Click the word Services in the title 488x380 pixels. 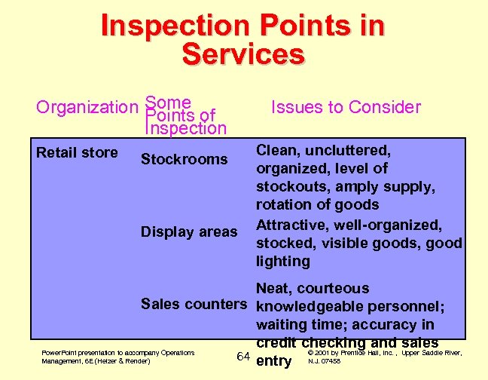pos(243,55)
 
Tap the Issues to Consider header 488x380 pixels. pos(346,107)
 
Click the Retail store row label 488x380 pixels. pos(77,153)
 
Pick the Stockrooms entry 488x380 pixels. pos(184,159)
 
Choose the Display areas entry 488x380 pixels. pos(189,232)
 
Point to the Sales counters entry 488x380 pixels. pos(194,305)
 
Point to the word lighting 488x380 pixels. pos(283,262)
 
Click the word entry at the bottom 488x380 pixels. pos(274,361)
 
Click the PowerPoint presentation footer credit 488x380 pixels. pos(117,356)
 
